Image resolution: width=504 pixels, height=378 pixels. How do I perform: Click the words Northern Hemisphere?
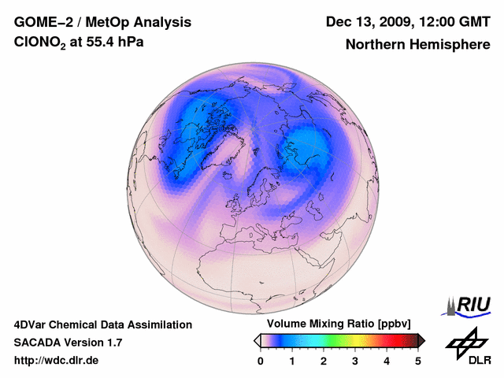[418, 45]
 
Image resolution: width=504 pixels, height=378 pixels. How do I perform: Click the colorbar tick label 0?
[261, 361]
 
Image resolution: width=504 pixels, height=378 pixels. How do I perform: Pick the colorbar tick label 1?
[292, 361]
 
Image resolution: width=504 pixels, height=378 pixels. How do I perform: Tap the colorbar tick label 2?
[324, 361]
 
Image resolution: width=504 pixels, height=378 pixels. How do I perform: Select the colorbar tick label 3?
[355, 361]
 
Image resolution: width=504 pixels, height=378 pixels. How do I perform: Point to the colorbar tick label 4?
[387, 361]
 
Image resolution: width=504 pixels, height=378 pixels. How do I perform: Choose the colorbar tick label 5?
[418, 361]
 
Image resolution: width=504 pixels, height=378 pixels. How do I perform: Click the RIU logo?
[469, 305]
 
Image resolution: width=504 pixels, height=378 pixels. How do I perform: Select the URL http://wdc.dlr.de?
[57, 361]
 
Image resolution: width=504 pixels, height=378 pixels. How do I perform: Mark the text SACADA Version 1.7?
[68, 343]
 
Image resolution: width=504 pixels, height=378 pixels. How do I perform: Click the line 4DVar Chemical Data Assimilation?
[102, 324]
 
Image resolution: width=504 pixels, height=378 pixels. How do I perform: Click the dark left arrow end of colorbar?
[257, 340]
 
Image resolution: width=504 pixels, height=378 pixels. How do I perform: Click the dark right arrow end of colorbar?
[421, 340]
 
